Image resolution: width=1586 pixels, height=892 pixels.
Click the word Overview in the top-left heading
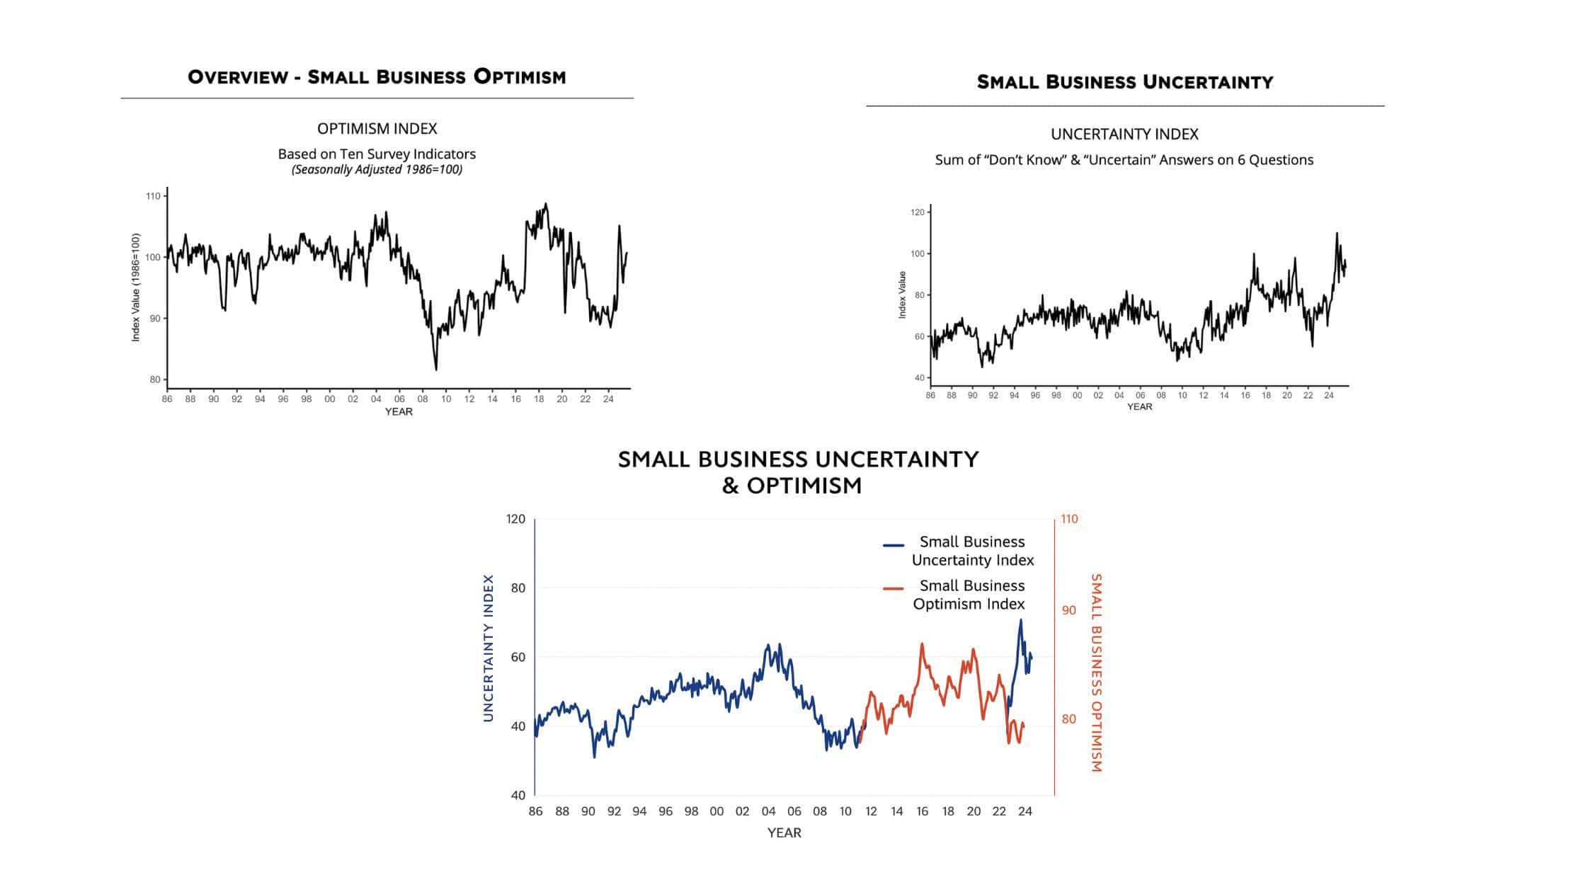(x=237, y=76)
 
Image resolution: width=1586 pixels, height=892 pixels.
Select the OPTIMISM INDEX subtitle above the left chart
(x=377, y=129)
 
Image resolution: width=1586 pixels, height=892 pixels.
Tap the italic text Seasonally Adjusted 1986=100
(x=377, y=170)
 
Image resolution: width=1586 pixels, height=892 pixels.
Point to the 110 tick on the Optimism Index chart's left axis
(x=153, y=196)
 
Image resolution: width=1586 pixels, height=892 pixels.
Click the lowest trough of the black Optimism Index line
(x=436, y=370)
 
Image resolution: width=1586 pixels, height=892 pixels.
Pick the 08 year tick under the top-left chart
(x=423, y=399)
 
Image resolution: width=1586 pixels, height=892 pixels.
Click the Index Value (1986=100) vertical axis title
(x=136, y=287)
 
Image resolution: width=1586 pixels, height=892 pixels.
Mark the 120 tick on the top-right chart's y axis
(x=918, y=212)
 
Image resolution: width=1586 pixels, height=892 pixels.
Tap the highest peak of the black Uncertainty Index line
(x=1337, y=233)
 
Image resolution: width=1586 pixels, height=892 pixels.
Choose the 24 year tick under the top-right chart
(x=1329, y=396)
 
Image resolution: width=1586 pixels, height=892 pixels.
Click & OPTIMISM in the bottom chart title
(x=792, y=486)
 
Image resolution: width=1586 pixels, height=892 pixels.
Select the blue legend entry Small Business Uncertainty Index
(x=972, y=551)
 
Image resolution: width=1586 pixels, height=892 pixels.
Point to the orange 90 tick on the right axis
(x=1068, y=610)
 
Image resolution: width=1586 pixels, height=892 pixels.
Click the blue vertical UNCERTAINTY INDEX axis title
(x=488, y=648)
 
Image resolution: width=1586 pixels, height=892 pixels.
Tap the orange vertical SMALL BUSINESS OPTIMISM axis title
(x=1096, y=673)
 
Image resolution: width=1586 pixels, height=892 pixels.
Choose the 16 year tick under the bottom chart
(x=922, y=811)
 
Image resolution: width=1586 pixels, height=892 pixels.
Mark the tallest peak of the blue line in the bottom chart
(x=1020, y=620)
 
